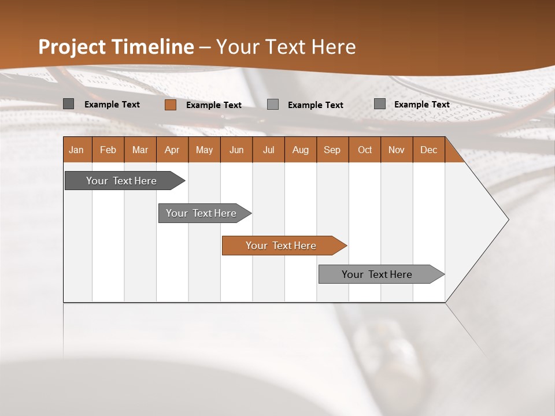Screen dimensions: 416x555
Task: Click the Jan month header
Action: [x=76, y=150]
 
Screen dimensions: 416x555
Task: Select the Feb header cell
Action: [x=108, y=150]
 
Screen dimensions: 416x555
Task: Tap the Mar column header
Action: [x=140, y=150]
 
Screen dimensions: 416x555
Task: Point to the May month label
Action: [x=204, y=150]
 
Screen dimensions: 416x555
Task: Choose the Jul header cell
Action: [x=268, y=150]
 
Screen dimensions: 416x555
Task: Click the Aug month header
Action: [x=300, y=150]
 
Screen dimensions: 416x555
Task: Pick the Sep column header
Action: [x=332, y=150]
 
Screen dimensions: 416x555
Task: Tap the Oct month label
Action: [x=365, y=150]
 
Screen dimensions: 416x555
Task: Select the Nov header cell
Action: [x=397, y=150]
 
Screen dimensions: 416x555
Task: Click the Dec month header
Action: [x=428, y=150]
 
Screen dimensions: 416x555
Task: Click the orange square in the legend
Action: [x=170, y=105]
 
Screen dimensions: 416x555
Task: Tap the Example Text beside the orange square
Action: [x=213, y=105]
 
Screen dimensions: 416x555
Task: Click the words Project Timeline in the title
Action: [x=116, y=47]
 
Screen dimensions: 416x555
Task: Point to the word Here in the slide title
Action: [x=333, y=47]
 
